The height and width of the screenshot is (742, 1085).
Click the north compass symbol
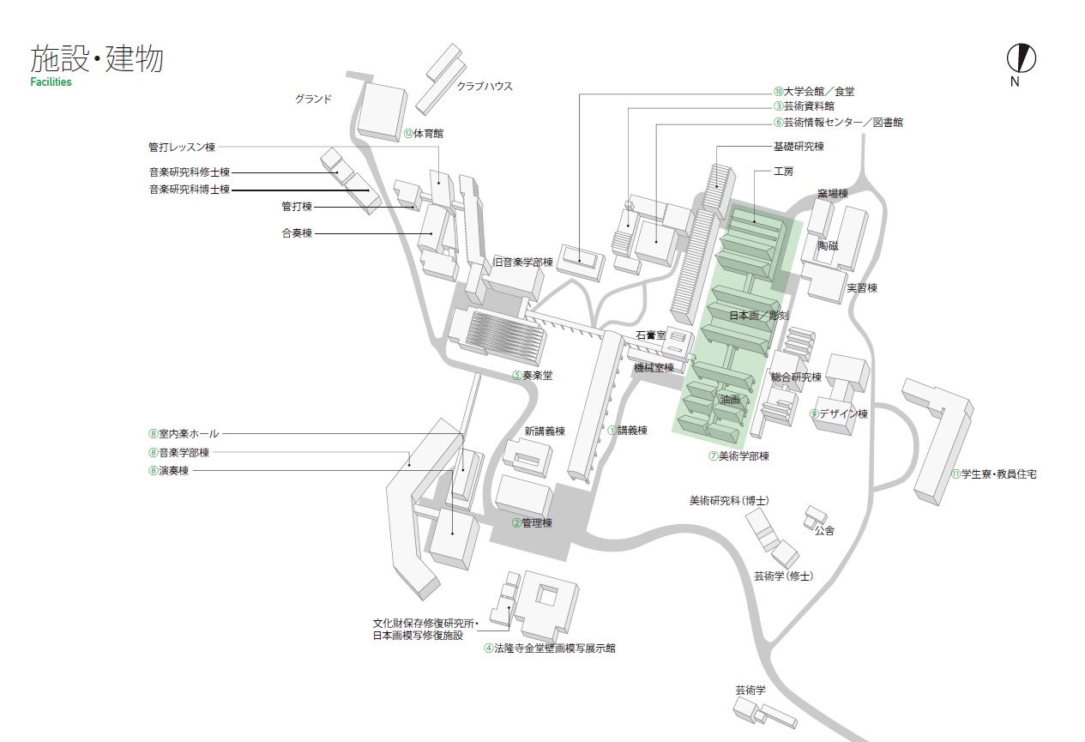(1021, 58)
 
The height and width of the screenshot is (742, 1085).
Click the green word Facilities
(51, 82)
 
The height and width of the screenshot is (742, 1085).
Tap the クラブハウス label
(485, 86)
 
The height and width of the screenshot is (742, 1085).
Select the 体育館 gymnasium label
(424, 134)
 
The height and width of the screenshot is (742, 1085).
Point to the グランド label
(313, 99)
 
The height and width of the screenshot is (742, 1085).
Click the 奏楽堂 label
(533, 375)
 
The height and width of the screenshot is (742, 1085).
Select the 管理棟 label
(532, 522)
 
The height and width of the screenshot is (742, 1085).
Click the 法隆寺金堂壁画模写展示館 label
(550, 648)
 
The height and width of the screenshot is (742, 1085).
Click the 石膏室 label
(651, 335)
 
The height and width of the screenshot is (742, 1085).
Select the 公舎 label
(824, 531)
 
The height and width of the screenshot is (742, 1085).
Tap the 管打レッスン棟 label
(187, 147)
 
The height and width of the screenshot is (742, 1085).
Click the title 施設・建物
(96, 59)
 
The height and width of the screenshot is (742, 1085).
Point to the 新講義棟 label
(545, 431)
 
